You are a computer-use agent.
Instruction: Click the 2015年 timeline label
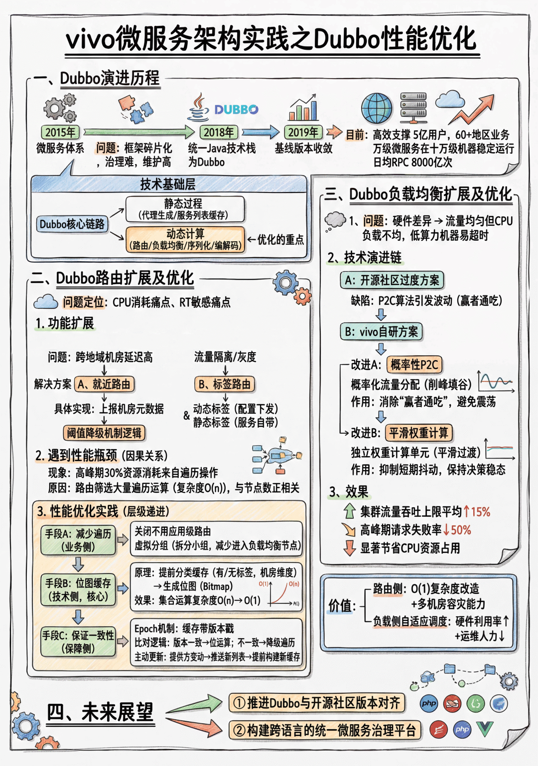(60, 132)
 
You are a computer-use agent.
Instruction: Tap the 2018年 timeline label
(219, 132)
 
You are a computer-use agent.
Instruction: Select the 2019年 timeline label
(303, 132)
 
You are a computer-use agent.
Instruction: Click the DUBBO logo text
(236, 109)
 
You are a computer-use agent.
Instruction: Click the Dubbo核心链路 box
(72, 224)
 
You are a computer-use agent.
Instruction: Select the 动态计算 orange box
(185, 239)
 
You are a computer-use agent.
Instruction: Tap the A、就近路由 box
(105, 384)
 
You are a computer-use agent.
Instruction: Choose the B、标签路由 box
(225, 384)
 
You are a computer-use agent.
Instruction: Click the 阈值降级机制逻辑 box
(104, 433)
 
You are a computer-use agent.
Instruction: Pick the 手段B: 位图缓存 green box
(78, 590)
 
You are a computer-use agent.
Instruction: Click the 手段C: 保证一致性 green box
(78, 642)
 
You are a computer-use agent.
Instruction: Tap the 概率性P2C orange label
(414, 365)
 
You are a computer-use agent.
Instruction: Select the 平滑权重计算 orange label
(419, 433)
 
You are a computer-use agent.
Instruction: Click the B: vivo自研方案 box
(382, 332)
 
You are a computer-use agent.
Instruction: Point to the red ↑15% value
(477, 512)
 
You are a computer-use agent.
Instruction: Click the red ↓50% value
(457, 530)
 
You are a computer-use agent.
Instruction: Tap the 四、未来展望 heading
(100, 713)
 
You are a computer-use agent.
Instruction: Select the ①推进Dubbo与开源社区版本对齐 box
(317, 703)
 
